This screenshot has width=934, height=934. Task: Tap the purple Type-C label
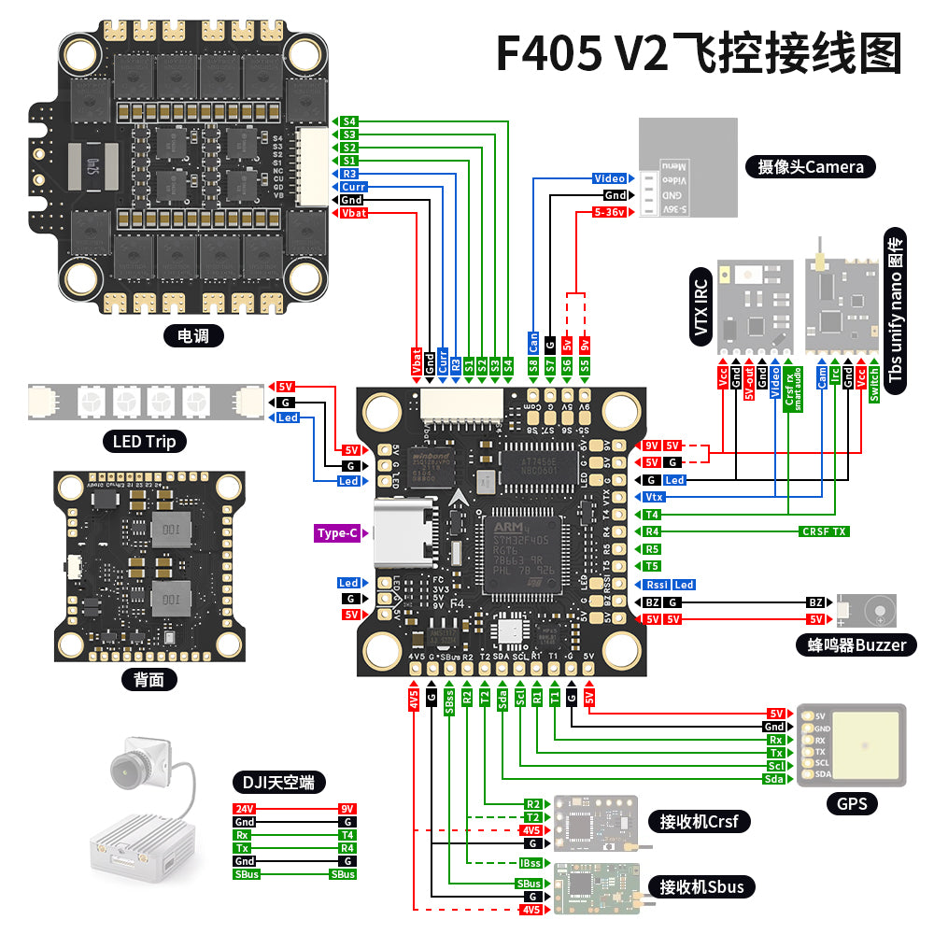pos(337,533)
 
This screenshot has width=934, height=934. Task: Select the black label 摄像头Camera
pos(811,167)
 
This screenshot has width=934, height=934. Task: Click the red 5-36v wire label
pos(611,213)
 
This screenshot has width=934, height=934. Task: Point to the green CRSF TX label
pos(825,531)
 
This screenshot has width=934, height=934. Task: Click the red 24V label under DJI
pos(244,809)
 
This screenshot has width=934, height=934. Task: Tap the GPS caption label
pos(852,803)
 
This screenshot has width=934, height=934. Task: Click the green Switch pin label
pos(874,383)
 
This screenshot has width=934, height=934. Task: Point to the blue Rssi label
pos(657,585)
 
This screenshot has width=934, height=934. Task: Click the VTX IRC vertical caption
pos(702,303)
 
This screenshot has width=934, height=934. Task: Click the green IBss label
pos(531,863)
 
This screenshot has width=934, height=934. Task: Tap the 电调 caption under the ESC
pos(193,335)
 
